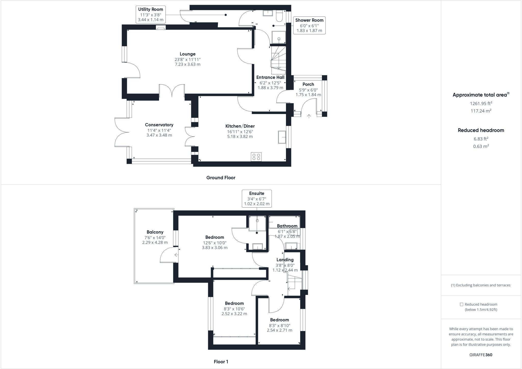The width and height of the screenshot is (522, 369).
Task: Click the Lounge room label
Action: (188, 54)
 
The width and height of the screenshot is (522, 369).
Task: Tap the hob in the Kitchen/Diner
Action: (256, 157)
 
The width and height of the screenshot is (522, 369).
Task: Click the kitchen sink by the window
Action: (282, 137)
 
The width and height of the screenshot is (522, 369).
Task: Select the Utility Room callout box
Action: (151, 14)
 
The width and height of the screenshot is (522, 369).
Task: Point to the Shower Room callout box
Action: (309, 25)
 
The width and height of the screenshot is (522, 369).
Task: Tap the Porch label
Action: (308, 84)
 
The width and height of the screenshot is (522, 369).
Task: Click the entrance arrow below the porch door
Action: (309, 116)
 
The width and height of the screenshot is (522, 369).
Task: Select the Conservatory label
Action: (159, 125)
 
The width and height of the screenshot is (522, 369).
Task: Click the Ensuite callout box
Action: (257, 198)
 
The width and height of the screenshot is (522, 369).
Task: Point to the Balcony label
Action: (155, 232)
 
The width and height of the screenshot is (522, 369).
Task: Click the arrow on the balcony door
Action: (176, 255)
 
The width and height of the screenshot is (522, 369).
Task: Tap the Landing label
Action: (285, 260)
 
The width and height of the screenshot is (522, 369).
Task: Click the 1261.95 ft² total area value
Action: (481, 103)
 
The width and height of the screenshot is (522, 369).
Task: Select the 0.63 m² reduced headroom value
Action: (481, 146)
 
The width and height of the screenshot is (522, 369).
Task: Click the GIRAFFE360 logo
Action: (481, 355)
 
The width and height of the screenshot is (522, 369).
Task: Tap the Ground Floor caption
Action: (221, 178)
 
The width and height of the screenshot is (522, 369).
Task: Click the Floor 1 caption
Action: (221, 362)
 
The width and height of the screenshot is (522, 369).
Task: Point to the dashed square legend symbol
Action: (461, 304)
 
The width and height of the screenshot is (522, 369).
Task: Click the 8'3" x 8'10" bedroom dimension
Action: (280, 325)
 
